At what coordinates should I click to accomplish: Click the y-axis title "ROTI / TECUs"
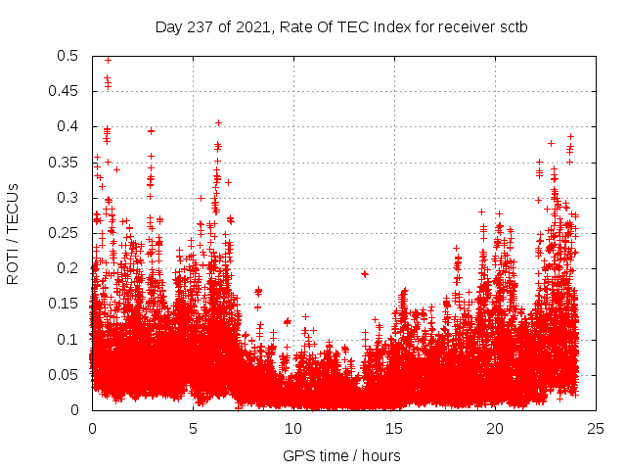point(13,233)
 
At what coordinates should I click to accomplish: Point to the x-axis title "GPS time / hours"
point(341,455)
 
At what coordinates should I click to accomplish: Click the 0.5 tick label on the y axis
point(68,56)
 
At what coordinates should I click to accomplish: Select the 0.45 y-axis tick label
point(65,91)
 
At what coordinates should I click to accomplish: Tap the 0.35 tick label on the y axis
point(65,162)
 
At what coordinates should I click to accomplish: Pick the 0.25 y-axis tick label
point(65,233)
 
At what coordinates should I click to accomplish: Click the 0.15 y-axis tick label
point(65,304)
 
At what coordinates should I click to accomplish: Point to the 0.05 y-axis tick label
point(65,374)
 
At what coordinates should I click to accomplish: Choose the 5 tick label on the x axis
point(193,429)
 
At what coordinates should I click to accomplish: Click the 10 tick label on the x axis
point(293,429)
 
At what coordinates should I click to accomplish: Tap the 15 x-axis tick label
point(394,429)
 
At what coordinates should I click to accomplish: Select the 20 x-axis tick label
point(495,429)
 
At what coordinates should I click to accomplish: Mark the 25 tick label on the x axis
point(596,429)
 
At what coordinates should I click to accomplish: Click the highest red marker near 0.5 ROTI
point(108,60)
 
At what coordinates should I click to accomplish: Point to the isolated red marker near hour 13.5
point(365,274)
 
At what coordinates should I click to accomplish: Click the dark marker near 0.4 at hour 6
point(218,122)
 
